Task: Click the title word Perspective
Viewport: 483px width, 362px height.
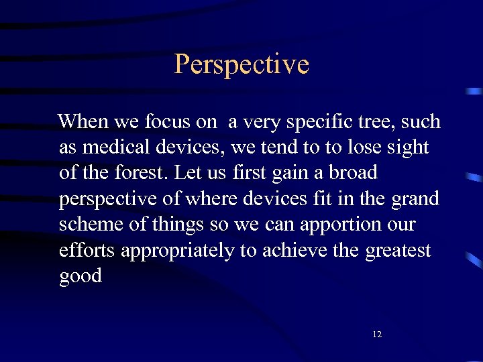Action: [241, 65]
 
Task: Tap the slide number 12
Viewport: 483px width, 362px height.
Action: [376, 334]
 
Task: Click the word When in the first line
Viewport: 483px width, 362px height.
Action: [83, 121]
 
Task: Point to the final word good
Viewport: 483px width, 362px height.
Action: [80, 276]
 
